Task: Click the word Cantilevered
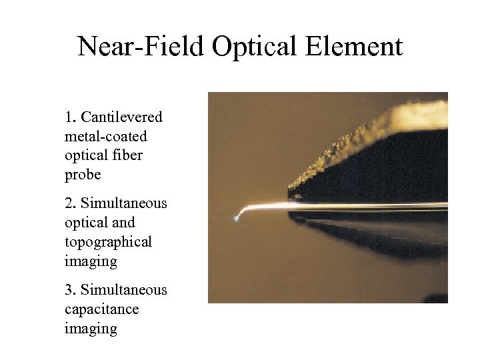tap(121, 117)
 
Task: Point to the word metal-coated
tap(106, 137)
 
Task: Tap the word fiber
tap(128, 156)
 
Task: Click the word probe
tap(83, 175)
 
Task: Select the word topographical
tap(108, 242)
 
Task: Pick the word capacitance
tap(101, 309)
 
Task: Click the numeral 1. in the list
tap(71, 117)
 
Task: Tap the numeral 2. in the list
tap(71, 203)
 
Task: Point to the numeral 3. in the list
tap(71, 290)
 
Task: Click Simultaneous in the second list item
tap(124, 203)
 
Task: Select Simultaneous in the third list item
tap(124, 290)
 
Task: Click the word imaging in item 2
tap(91, 261)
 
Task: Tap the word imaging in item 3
tap(91, 329)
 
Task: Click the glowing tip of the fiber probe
tap(237, 217)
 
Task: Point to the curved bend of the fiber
tap(248, 210)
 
